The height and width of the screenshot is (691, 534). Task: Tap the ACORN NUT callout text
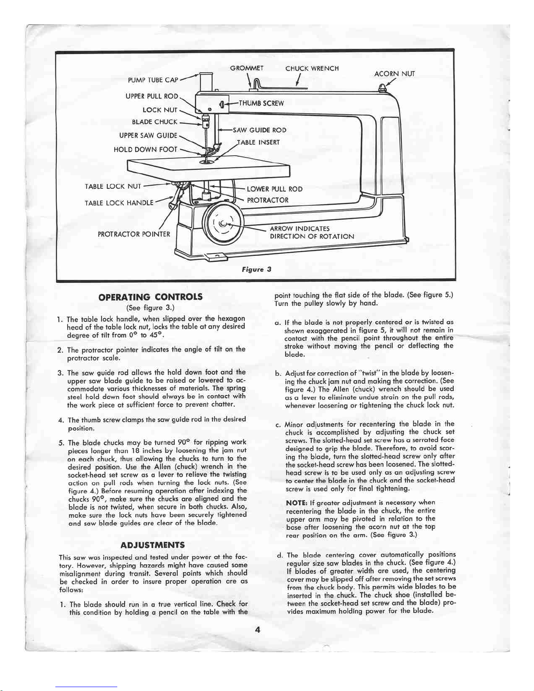(x=394, y=74)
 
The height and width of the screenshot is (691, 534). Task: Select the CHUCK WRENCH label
(x=312, y=68)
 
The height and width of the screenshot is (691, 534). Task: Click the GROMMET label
(x=247, y=68)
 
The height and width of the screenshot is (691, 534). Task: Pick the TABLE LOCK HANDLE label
(x=119, y=203)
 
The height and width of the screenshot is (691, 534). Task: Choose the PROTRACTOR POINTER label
(x=134, y=234)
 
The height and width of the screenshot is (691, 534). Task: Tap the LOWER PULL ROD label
(x=275, y=189)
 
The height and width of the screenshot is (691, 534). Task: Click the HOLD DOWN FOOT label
(x=145, y=150)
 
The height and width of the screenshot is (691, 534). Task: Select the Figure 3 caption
(x=257, y=269)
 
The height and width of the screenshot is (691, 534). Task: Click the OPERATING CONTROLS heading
(x=150, y=297)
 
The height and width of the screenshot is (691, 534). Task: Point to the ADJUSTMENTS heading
(x=153, y=545)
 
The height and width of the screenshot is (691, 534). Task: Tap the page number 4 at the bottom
(x=258, y=629)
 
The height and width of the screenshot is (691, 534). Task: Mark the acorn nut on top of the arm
(x=382, y=87)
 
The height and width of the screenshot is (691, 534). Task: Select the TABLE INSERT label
(x=258, y=142)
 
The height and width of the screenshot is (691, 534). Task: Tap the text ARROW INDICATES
(x=299, y=228)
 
